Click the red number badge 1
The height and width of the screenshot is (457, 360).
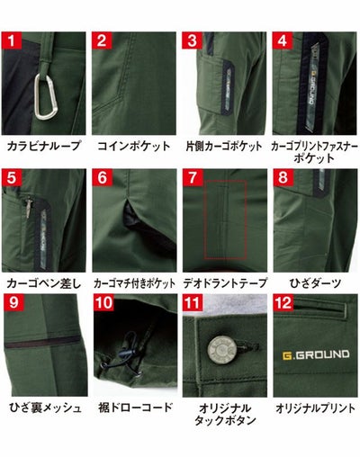tap(12, 40)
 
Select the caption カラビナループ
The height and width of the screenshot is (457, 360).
tap(43, 145)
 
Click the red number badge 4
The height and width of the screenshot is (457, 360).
tap(282, 40)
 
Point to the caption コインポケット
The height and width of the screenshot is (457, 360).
tap(133, 145)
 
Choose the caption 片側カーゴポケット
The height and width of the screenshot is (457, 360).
tap(223, 145)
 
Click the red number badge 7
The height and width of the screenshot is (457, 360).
tap(192, 178)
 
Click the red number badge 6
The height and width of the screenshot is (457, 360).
tap(102, 178)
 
